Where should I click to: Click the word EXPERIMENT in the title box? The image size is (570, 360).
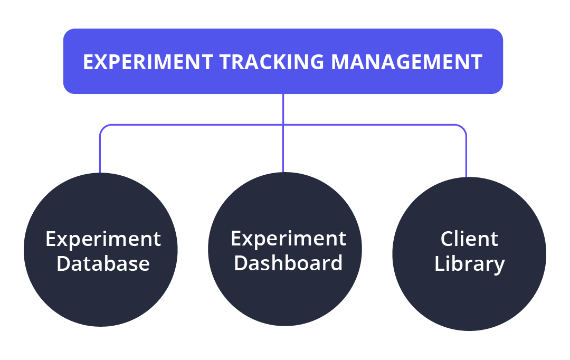[x=148, y=62]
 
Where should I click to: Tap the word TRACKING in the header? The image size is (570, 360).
[x=272, y=62]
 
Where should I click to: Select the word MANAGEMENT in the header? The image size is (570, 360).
[x=407, y=62]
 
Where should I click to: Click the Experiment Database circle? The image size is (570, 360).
[x=101, y=250]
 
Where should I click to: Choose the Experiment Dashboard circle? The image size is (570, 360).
[x=285, y=249]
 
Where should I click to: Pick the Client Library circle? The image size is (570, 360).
[x=469, y=254]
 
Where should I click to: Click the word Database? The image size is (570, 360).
[x=103, y=263]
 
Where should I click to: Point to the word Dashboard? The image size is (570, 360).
[x=288, y=263]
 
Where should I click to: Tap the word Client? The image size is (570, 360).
[x=469, y=239]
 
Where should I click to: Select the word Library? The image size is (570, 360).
[x=470, y=264]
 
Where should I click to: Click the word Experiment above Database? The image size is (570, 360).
[x=103, y=240]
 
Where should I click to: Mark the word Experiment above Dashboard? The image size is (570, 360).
[x=289, y=239]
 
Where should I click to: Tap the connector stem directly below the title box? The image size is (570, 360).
[x=283, y=109]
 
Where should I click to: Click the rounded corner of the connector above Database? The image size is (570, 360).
[x=103, y=128]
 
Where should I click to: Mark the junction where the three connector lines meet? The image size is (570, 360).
[x=283, y=125]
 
